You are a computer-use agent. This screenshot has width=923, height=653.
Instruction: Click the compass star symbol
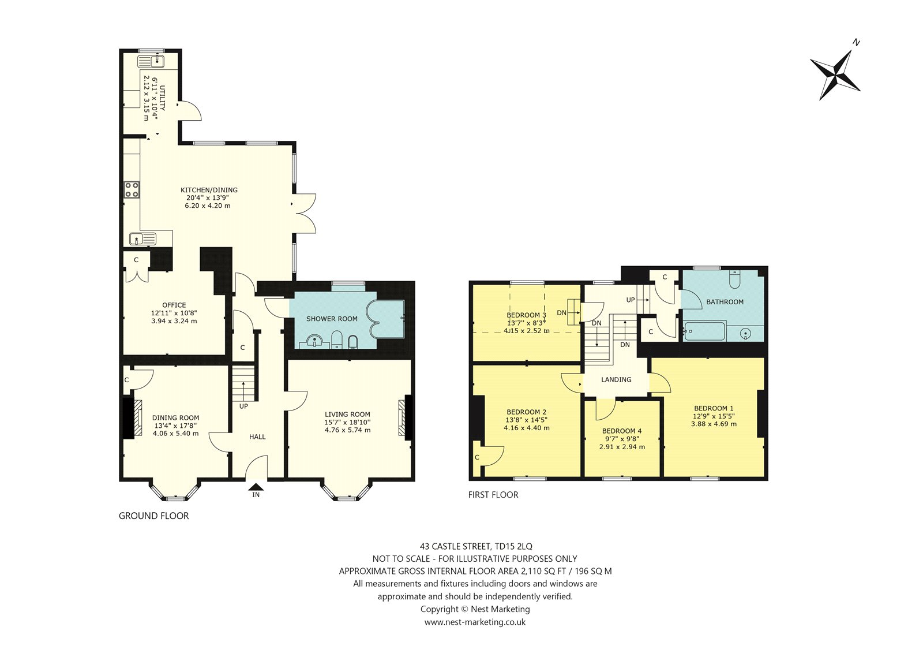click(x=835, y=76)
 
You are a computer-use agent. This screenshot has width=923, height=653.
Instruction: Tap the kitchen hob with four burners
click(x=132, y=191)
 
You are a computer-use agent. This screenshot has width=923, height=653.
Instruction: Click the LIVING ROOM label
click(x=347, y=414)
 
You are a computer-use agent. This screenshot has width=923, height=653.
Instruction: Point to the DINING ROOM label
click(x=175, y=417)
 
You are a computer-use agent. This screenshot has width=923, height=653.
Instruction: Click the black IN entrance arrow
click(x=256, y=487)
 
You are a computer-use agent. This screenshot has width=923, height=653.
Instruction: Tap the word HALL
click(x=257, y=437)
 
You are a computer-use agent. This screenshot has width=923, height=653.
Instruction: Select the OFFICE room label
click(x=174, y=305)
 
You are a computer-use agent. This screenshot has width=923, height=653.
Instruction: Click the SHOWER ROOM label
click(x=332, y=319)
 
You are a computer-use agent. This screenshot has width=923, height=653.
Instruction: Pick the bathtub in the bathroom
click(x=704, y=331)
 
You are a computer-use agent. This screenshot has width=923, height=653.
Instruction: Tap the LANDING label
click(x=616, y=379)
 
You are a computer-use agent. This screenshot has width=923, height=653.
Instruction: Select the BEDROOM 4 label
click(x=622, y=431)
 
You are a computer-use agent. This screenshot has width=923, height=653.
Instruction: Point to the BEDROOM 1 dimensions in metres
click(x=714, y=424)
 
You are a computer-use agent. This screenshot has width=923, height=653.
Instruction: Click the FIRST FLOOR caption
click(x=493, y=495)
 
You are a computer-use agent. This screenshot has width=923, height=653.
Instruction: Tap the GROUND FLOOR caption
click(x=153, y=516)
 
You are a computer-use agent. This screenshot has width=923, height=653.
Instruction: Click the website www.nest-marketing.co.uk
click(x=475, y=622)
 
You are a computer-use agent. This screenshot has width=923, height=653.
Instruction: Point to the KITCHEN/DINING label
click(x=209, y=190)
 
